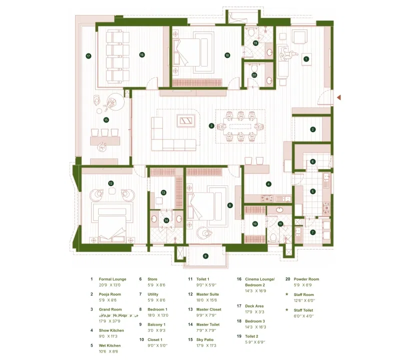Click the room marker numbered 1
tap(306, 58)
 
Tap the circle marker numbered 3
tap(212, 125)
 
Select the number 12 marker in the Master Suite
tap(111, 183)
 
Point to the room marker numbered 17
tap(88, 55)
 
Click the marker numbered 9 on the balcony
tap(205, 256)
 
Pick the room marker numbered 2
tap(313, 129)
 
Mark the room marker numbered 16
tap(142, 54)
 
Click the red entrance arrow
tap(339, 97)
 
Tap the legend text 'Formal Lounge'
tap(112, 279)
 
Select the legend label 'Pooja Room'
tap(110, 294)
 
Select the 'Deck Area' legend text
tap(254, 306)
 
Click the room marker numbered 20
tap(254, 75)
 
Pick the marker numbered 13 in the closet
tap(163, 192)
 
